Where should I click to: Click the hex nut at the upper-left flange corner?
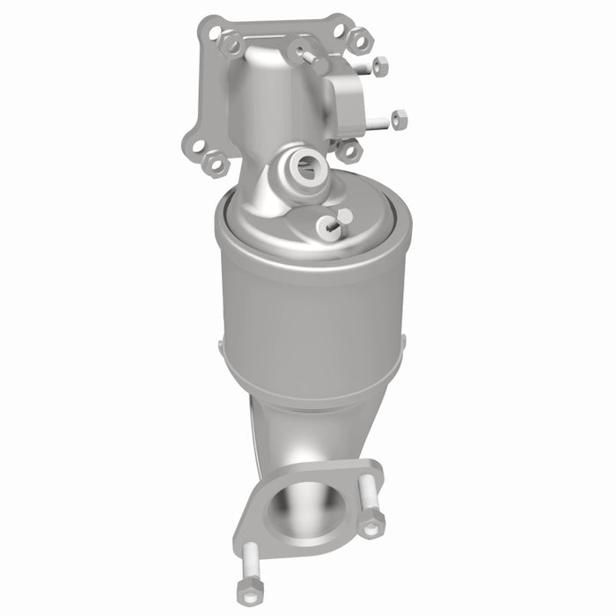pyautogui.click(x=231, y=40)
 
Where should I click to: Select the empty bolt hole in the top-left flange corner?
pyautogui.click(x=214, y=31)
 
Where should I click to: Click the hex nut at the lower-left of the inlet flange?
pyautogui.click(x=215, y=163)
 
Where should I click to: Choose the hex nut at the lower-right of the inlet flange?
pyautogui.click(x=348, y=150)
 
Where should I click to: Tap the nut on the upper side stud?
pyautogui.click(x=379, y=66)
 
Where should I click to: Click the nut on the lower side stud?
pyautogui.click(x=397, y=117)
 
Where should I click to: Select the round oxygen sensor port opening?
pyautogui.click(x=307, y=165)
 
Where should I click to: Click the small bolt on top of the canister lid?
pyautogui.click(x=327, y=225)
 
